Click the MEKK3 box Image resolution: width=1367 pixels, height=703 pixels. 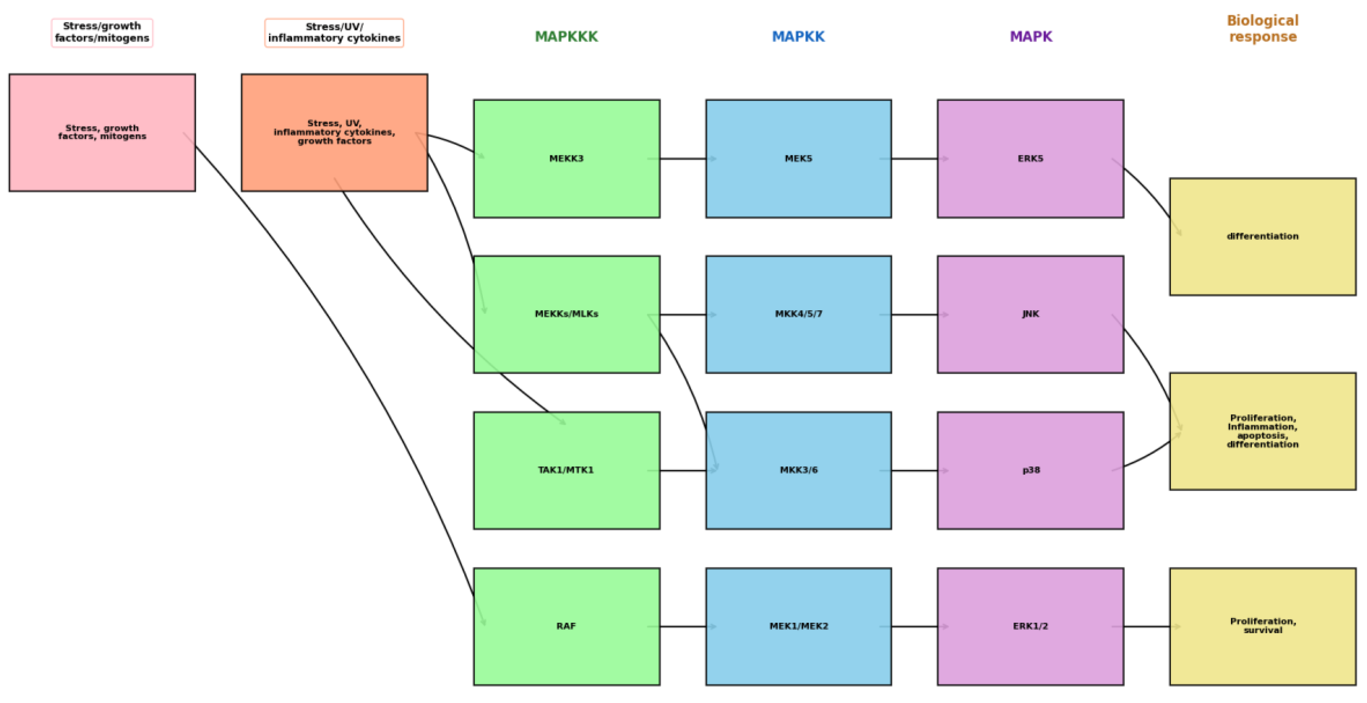coord(567,159)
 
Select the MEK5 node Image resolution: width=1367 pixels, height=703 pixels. coord(799,159)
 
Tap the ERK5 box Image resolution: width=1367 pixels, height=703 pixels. coord(1031,159)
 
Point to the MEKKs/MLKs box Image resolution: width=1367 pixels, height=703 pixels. coord(567,314)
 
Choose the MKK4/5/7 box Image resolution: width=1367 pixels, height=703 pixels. coord(799,314)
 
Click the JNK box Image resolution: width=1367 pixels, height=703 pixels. coord(1031,314)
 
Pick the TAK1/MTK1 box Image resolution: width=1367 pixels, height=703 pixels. coord(567,471)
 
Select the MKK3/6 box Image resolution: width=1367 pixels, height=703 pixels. coord(799,471)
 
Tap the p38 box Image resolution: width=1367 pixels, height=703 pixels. coord(1031,471)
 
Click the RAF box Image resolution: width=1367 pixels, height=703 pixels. coord(567,627)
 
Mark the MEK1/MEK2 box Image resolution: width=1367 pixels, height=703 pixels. coord(799,627)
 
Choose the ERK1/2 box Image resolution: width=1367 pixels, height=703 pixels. coord(1031,627)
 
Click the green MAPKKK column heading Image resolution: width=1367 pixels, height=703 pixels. coord(566,37)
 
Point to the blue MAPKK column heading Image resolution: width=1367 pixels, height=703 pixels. coord(798,37)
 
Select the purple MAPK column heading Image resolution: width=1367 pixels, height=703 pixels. coord(1031,37)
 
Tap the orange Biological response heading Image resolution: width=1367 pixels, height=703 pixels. coord(1263,29)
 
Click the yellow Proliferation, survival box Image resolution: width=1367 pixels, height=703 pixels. coord(1263,627)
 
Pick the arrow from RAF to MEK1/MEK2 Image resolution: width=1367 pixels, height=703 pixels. coord(682,627)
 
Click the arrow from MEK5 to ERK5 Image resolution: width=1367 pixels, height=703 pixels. coord(914,159)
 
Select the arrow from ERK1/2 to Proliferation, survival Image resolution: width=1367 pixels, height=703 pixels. coord(1146,627)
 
